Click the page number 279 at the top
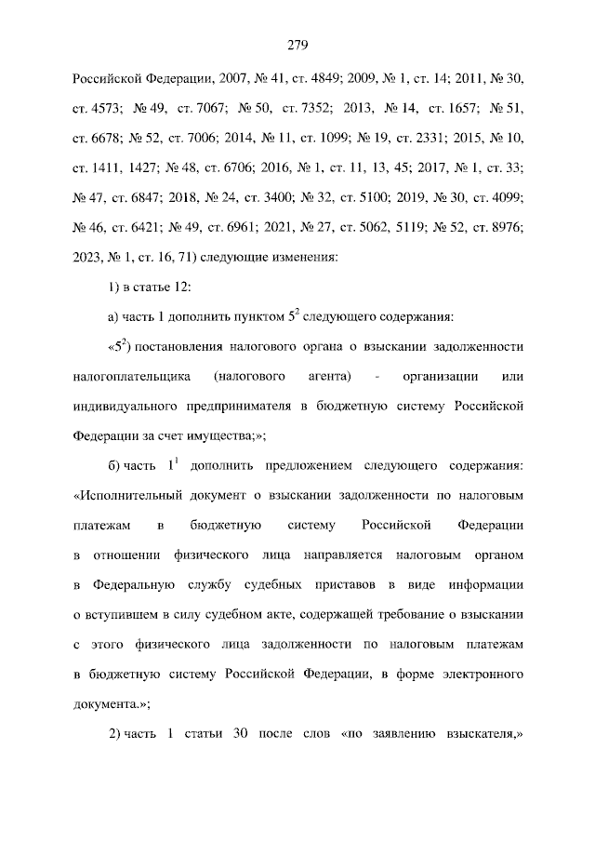(297, 45)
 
